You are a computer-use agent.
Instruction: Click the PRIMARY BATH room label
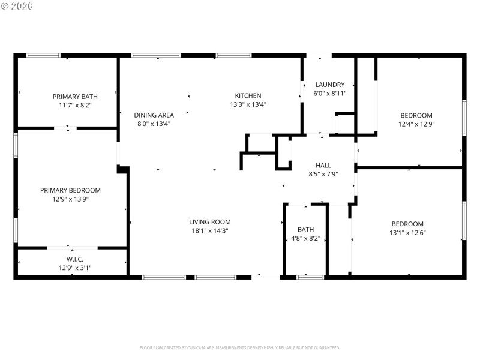coord(75,96)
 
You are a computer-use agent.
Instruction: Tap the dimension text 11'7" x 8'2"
coord(75,105)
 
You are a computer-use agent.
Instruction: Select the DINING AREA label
coord(154,115)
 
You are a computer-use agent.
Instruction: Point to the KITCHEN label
coord(248,95)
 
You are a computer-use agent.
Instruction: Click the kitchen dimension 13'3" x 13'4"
coord(248,104)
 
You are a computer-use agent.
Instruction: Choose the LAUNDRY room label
coord(329,85)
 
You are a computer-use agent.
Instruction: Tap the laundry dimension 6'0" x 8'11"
coord(329,94)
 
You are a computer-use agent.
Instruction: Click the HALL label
coord(323,165)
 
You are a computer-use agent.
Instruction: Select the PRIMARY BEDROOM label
coord(70,190)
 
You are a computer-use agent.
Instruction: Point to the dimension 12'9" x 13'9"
coord(70,199)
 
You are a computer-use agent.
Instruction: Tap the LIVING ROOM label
coord(210,221)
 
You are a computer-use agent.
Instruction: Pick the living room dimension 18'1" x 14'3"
coord(210,230)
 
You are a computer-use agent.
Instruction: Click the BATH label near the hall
coord(305,229)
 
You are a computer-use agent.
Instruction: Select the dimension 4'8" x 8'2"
coord(305,238)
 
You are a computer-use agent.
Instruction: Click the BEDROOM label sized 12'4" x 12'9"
coord(416,115)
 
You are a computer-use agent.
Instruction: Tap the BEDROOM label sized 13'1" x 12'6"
coord(407,224)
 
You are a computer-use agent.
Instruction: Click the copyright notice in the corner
coord(17,6)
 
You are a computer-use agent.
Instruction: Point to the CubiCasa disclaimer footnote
coord(240,347)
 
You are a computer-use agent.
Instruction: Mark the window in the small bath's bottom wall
coord(310,277)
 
